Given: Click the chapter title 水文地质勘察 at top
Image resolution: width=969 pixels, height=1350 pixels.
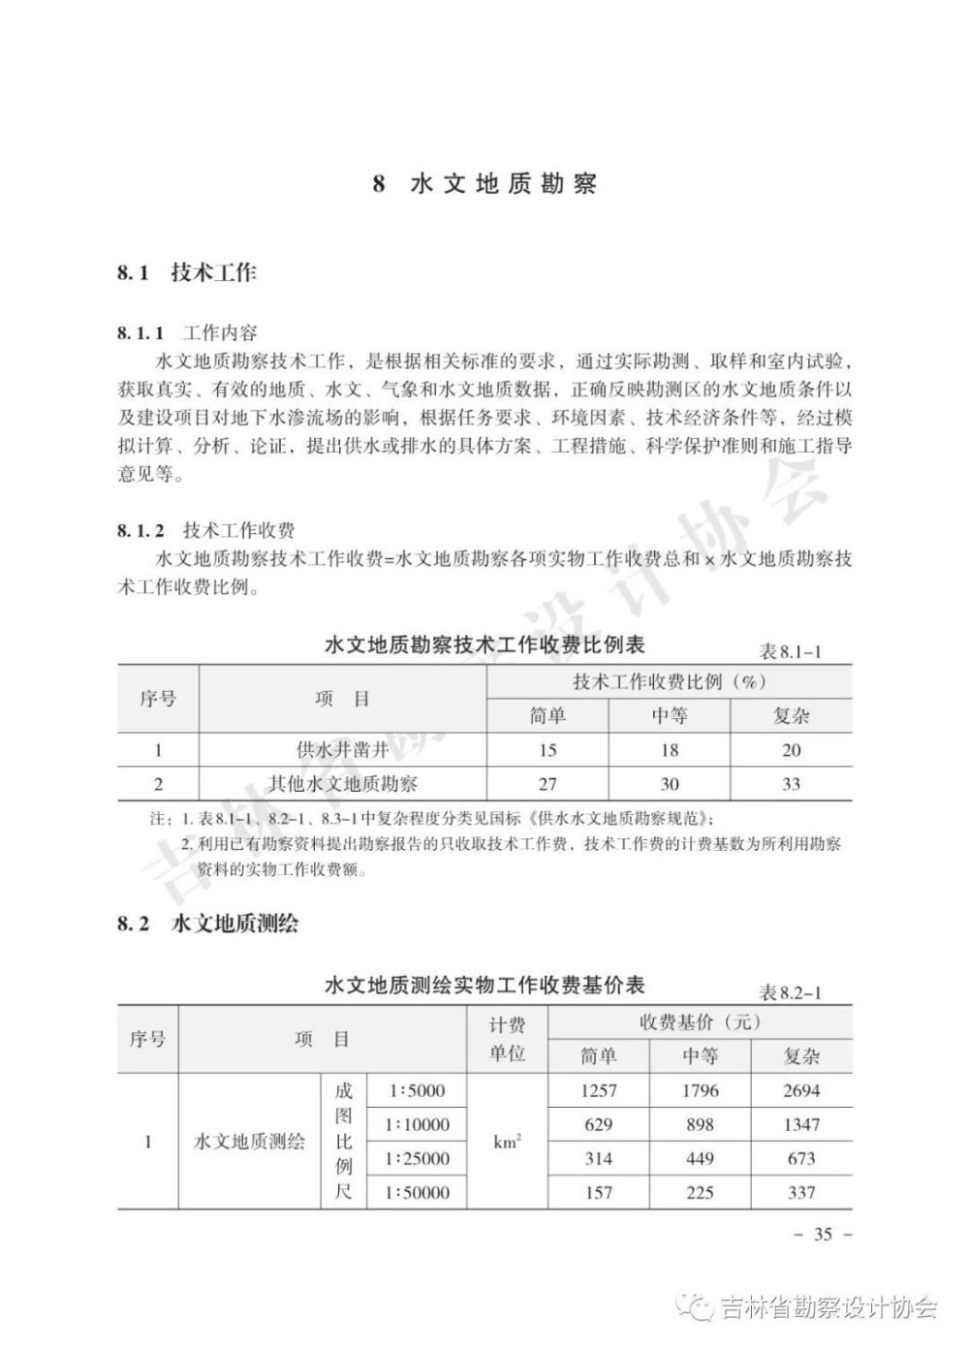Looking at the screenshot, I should click(x=503, y=184).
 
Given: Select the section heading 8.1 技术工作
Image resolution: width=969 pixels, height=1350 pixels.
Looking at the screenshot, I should click(x=187, y=272).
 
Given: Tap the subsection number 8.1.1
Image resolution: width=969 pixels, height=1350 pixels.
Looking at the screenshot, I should click(x=141, y=333).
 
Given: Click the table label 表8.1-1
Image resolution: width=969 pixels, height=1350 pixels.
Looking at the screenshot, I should click(x=790, y=651).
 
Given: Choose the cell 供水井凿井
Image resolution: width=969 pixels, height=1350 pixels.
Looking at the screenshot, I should click(x=342, y=749).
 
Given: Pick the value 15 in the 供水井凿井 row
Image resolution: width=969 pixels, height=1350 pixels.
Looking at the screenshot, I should click(x=547, y=750).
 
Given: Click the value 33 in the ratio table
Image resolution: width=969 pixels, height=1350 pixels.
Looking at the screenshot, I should click(x=791, y=783).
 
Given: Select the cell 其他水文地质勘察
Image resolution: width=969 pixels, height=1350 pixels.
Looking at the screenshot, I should click(x=342, y=783).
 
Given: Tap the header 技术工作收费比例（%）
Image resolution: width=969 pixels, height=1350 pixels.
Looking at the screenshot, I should click(x=669, y=681).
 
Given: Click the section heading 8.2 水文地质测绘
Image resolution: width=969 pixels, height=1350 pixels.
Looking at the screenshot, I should click(x=207, y=924).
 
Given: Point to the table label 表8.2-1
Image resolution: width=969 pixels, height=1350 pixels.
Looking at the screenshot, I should click(x=790, y=992).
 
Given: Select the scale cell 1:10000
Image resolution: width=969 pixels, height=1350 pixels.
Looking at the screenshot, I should click(x=417, y=1125).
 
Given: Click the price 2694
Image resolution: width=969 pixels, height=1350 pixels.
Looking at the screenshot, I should click(x=800, y=1091).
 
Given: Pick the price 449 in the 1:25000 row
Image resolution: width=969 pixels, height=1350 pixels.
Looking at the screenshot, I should click(x=700, y=1159).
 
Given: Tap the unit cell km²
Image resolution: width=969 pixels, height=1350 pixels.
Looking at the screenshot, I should click(x=508, y=1142).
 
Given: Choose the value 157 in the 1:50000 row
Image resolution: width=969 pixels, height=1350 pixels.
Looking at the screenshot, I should click(x=599, y=1193).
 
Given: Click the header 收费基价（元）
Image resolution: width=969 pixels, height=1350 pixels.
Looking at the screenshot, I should click(x=700, y=1022).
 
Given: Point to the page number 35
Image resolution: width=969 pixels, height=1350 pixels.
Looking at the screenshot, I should click(x=823, y=1234).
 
